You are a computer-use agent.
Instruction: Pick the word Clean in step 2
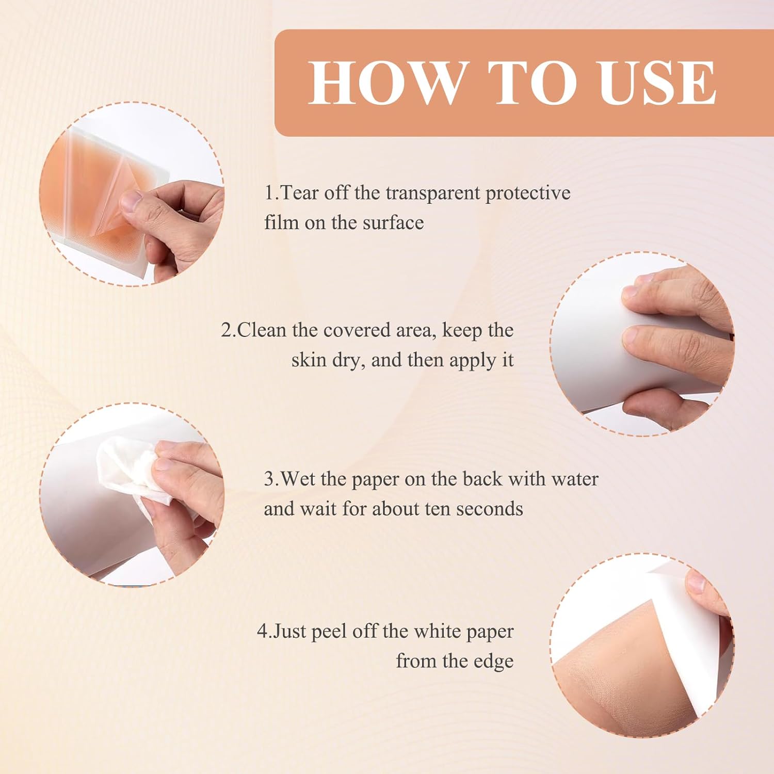pos(261,330)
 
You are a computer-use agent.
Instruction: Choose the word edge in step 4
pos(494,663)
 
